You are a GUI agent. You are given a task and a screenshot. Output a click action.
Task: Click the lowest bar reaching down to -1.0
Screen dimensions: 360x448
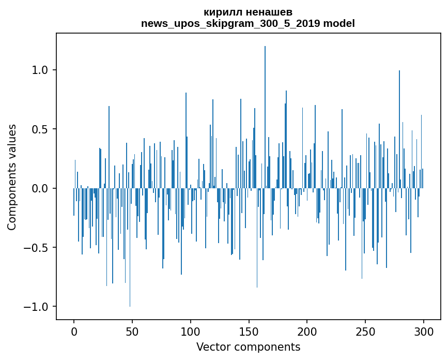point(130,259)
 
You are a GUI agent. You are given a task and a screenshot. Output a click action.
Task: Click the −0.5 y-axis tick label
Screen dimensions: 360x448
point(38,248)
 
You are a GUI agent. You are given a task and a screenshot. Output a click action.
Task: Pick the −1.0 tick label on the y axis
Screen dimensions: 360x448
point(38,307)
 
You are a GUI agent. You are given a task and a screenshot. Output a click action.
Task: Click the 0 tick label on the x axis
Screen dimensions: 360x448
point(74,331)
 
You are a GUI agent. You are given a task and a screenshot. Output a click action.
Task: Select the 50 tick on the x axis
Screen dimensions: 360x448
point(132,331)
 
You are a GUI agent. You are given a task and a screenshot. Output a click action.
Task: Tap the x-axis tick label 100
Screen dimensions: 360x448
point(191,331)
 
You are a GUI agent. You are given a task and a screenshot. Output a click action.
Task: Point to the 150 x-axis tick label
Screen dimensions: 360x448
point(249,331)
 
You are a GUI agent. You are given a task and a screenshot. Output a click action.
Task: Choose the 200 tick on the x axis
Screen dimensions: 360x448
point(307,331)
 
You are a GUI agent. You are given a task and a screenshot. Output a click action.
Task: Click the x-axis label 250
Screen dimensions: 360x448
point(365,331)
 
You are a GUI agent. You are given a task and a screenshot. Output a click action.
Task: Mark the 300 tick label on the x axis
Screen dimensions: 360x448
point(424,331)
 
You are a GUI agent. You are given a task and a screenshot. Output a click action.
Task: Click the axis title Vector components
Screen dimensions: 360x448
point(248,347)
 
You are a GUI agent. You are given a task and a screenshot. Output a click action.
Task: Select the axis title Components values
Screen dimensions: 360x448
point(12,177)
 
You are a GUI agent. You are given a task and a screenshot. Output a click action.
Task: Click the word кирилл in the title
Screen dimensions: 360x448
point(221,12)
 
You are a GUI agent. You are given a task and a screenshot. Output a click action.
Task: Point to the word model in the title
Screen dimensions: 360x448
point(339,24)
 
